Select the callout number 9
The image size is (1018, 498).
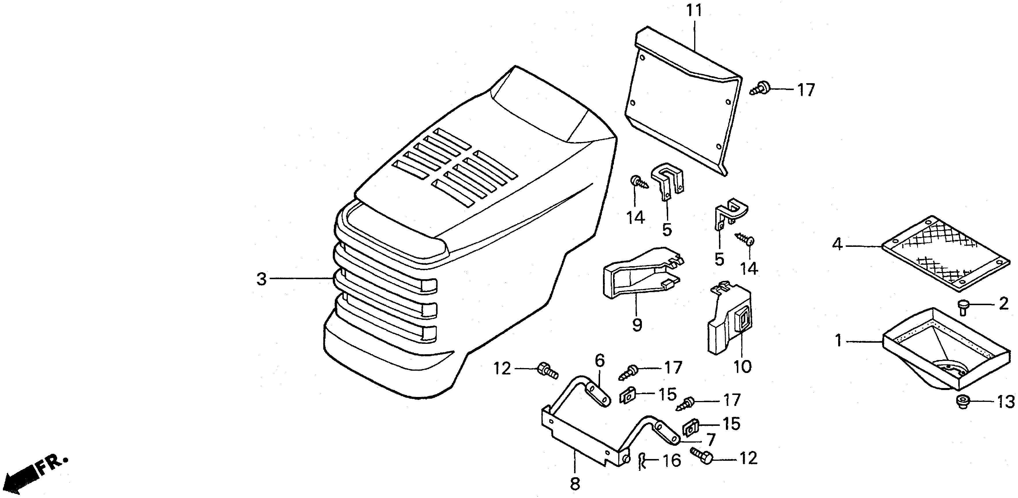coord(637,325)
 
